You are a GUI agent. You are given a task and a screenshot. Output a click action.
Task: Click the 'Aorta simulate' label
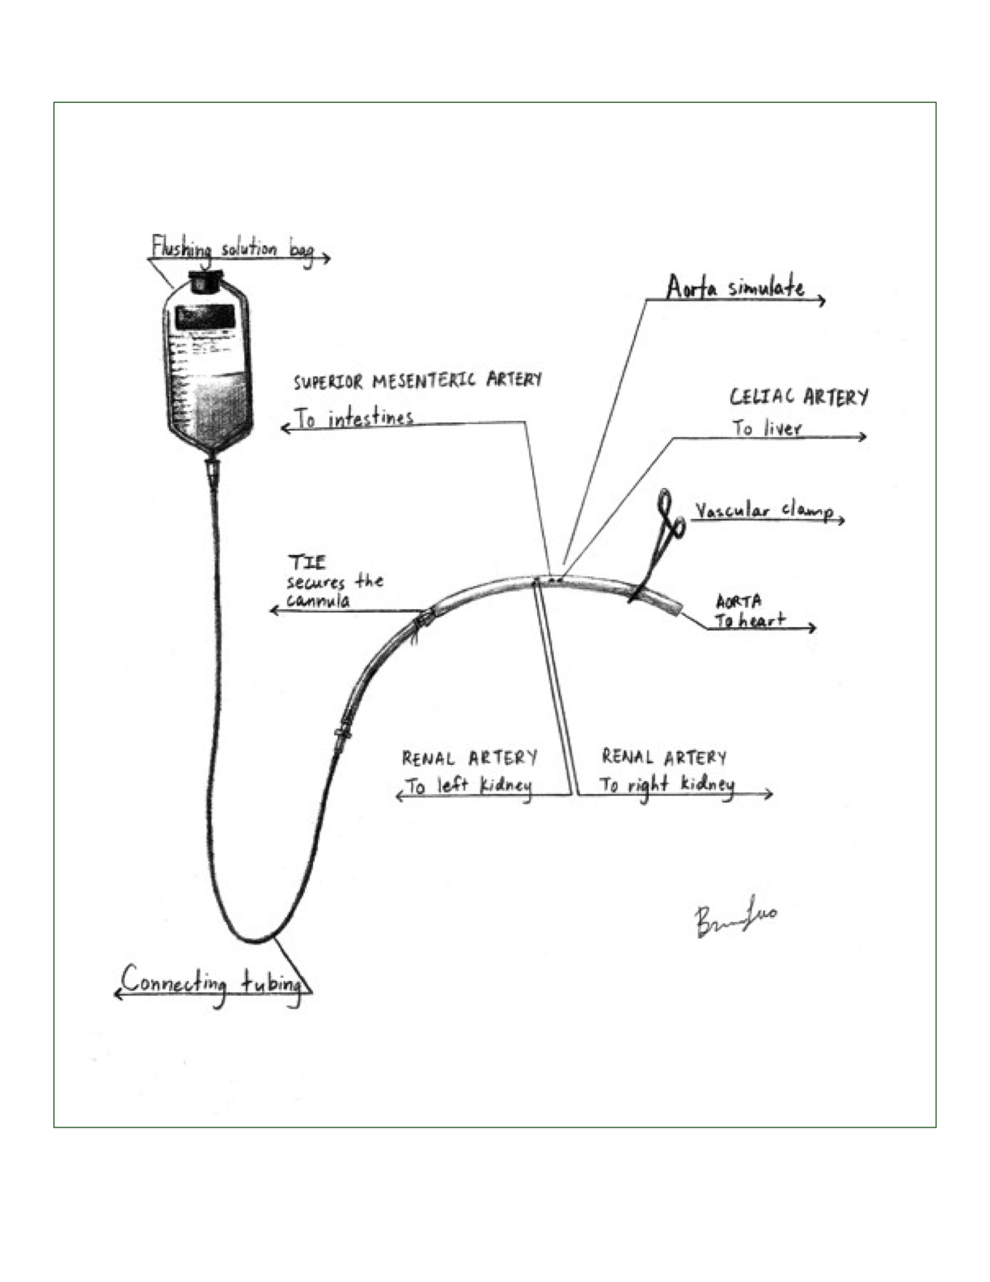click(x=735, y=287)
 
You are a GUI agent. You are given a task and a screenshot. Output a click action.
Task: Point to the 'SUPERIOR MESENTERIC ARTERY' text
click(x=417, y=380)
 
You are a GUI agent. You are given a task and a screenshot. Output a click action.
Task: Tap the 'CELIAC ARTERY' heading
click(x=799, y=397)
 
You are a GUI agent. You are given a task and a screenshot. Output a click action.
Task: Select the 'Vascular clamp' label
click(x=764, y=511)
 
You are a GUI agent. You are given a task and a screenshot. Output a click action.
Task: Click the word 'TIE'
click(x=307, y=562)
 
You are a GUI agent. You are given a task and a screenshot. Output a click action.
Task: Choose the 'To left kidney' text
click(x=468, y=786)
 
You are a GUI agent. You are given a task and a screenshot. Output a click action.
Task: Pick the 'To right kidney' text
click(x=666, y=784)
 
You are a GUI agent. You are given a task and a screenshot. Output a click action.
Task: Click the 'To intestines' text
click(x=354, y=418)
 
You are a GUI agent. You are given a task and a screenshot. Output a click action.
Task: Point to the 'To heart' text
click(x=750, y=621)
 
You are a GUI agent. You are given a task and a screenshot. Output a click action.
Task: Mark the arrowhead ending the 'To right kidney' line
click(x=769, y=795)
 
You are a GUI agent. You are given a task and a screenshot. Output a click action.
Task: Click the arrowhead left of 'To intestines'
click(x=285, y=427)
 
